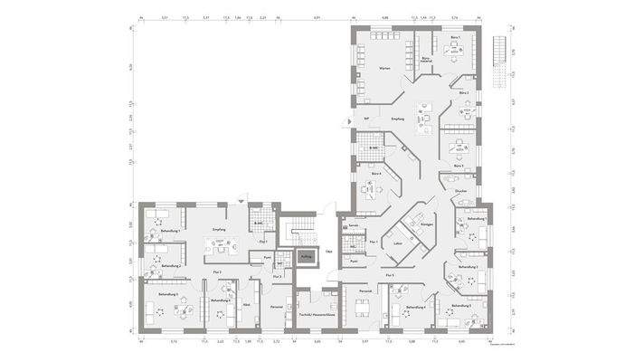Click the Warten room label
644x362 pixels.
[x=384, y=70]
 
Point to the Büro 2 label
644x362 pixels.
[x=461, y=93]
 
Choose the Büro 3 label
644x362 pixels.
[x=459, y=167]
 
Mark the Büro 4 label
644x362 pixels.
[x=375, y=174]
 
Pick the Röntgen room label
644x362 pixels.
[x=427, y=224]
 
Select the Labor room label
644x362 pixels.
[x=398, y=244]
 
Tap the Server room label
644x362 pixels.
[x=355, y=225]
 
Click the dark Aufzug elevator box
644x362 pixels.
[x=305, y=257]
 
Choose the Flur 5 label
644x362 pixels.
[x=389, y=274]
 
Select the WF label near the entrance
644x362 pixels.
[x=366, y=119]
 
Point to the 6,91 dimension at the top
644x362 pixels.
[x=317, y=17]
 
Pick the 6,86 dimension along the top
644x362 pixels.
[x=384, y=17]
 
